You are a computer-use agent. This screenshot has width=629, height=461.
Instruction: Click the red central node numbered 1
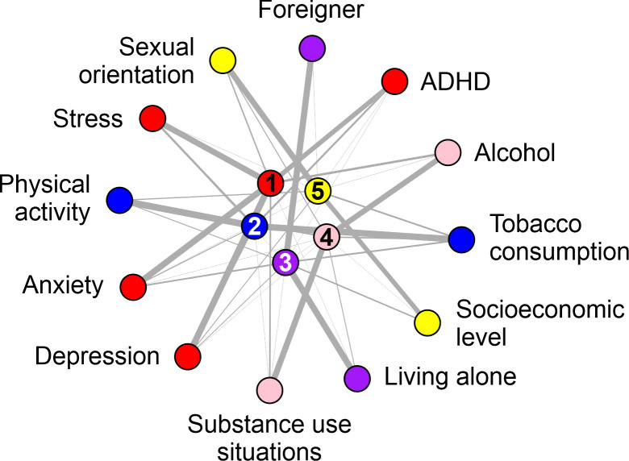(272, 184)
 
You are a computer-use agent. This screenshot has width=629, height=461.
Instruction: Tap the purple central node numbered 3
(285, 261)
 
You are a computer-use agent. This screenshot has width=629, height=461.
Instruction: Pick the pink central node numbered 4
(327, 237)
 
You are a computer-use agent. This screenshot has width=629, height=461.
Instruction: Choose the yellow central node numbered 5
(318, 191)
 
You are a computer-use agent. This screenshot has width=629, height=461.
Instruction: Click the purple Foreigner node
(312, 47)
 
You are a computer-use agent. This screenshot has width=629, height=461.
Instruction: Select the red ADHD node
(394, 81)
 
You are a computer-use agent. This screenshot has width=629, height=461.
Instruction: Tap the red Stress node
(152, 119)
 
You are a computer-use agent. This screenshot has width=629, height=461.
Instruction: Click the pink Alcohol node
(447, 152)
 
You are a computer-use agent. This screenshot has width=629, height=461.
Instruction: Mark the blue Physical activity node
(119, 198)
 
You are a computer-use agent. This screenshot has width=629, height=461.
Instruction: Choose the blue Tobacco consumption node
(460, 239)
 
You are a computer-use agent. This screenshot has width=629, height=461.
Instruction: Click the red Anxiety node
(132, 286)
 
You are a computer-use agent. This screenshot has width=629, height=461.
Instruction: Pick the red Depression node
(187, 355)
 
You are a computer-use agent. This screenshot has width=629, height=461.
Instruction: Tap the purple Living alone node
(356, 376)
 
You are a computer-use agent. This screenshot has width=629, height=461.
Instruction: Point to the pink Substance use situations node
(269, 390)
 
